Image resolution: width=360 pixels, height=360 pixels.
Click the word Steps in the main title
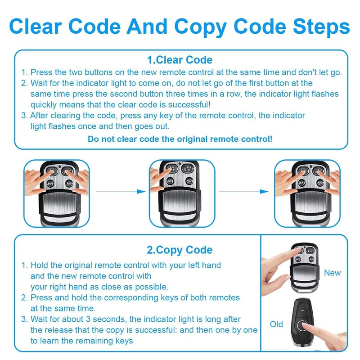coord(321,27)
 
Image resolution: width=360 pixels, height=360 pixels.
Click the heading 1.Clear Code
coord(180,60)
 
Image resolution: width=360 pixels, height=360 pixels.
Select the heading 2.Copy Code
coord(180,250)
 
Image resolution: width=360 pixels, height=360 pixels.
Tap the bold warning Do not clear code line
coord(180,139)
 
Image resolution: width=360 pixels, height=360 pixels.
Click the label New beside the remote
coord(332,273)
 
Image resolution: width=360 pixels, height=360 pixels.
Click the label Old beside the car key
coord(276,324)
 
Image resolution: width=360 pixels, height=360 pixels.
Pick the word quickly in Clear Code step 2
coord(43,105)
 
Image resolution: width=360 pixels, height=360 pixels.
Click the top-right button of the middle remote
coord(188,169)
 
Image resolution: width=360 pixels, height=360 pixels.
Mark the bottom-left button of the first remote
coord(50,184)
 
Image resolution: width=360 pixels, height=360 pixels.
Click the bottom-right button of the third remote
coord(320,183)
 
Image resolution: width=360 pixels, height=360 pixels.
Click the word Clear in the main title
coord(36,27)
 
